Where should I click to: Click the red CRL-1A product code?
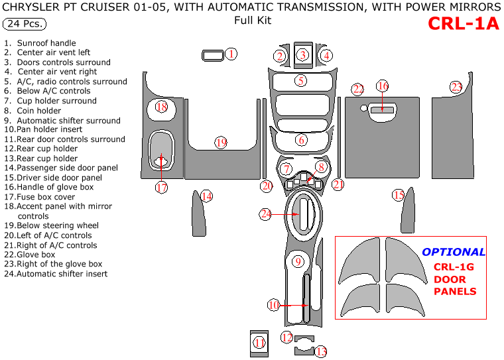462,23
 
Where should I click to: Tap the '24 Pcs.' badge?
25,24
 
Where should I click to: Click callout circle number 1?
231,54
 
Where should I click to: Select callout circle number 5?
301,81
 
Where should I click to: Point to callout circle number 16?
382,86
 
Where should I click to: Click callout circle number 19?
221,143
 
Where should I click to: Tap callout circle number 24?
266,213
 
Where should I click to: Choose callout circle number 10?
273,305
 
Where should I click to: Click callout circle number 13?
320,351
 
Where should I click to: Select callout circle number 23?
456,87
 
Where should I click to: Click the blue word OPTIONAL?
454,252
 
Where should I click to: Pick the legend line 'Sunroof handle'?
46,43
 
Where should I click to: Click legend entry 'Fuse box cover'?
40,197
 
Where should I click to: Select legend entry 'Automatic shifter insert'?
56,274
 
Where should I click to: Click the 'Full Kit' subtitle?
252,21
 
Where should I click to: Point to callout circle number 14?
207,196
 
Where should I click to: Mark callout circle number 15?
398,195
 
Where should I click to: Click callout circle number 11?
259,342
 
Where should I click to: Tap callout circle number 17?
161,188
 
